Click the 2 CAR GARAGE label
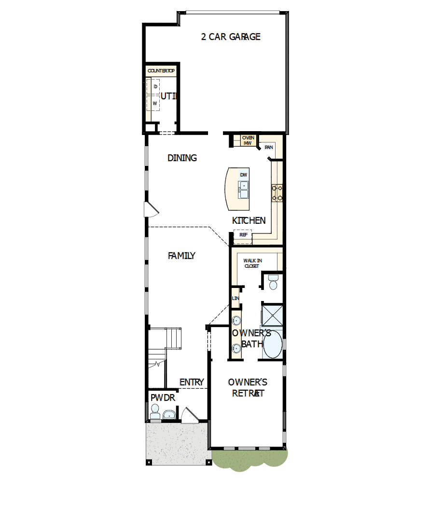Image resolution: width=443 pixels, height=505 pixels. pos(231,37)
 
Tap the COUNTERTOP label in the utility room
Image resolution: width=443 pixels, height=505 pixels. pos(161,71)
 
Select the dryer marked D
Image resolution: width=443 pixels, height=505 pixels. pos(155,86)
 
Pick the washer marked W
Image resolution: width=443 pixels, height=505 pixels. pos(155,103)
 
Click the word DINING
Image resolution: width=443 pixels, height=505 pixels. pos(182,158)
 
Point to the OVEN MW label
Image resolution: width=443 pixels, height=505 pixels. pos(248,140)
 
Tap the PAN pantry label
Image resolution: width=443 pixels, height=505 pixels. pos(269,147)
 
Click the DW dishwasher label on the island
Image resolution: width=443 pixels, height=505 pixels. pos(244,175)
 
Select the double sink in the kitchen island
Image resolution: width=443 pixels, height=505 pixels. pos(244,190)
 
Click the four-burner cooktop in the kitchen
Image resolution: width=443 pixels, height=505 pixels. pos(277,193)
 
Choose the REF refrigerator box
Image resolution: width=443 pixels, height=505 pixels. pos(243,235)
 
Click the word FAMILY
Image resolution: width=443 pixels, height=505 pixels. pos(181,256)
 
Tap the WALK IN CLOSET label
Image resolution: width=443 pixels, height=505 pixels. pos(252,263)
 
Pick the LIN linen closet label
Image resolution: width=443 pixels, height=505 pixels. pos(235,299)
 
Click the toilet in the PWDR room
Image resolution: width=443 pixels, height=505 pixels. pos(155,411)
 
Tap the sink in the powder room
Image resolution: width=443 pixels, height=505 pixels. pos(169,414)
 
